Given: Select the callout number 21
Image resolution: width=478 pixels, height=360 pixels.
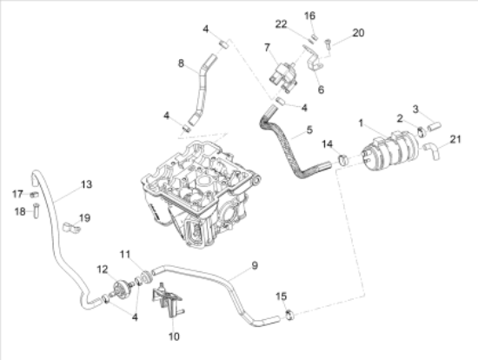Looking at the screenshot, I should point(457,138).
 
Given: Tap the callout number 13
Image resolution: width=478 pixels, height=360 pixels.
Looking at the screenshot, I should point(86,184).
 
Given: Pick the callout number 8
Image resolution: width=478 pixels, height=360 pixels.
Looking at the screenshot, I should point(182,63).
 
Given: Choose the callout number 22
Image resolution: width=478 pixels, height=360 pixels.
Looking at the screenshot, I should point(281,23).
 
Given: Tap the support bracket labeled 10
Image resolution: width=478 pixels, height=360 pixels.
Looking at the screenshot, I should point(171,303).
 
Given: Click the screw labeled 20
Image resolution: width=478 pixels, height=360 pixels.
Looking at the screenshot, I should point(327,42).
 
